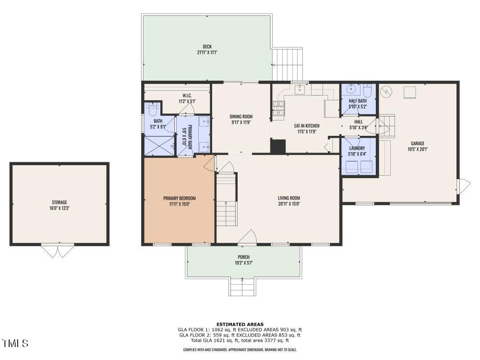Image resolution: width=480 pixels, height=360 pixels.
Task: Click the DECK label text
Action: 207,47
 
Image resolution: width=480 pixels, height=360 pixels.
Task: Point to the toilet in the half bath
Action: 368,90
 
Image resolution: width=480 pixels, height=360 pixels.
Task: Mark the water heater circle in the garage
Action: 386,90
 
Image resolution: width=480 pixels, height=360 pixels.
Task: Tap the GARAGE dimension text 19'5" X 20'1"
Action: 417,149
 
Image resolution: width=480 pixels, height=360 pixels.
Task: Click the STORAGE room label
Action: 60,202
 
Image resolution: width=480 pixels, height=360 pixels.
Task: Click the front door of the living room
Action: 247,237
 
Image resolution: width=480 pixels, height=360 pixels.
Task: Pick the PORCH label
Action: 243,257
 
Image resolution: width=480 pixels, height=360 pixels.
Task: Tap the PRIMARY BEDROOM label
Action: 180,198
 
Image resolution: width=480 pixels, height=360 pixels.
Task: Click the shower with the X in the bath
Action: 159,145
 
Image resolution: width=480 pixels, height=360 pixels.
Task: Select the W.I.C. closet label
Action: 187,95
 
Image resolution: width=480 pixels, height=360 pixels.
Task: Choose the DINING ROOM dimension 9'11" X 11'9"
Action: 241,122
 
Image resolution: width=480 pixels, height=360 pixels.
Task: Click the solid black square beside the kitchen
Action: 278,146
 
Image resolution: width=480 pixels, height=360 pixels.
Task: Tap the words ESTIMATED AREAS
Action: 240,324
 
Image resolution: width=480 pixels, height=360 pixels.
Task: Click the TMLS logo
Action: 15,343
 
